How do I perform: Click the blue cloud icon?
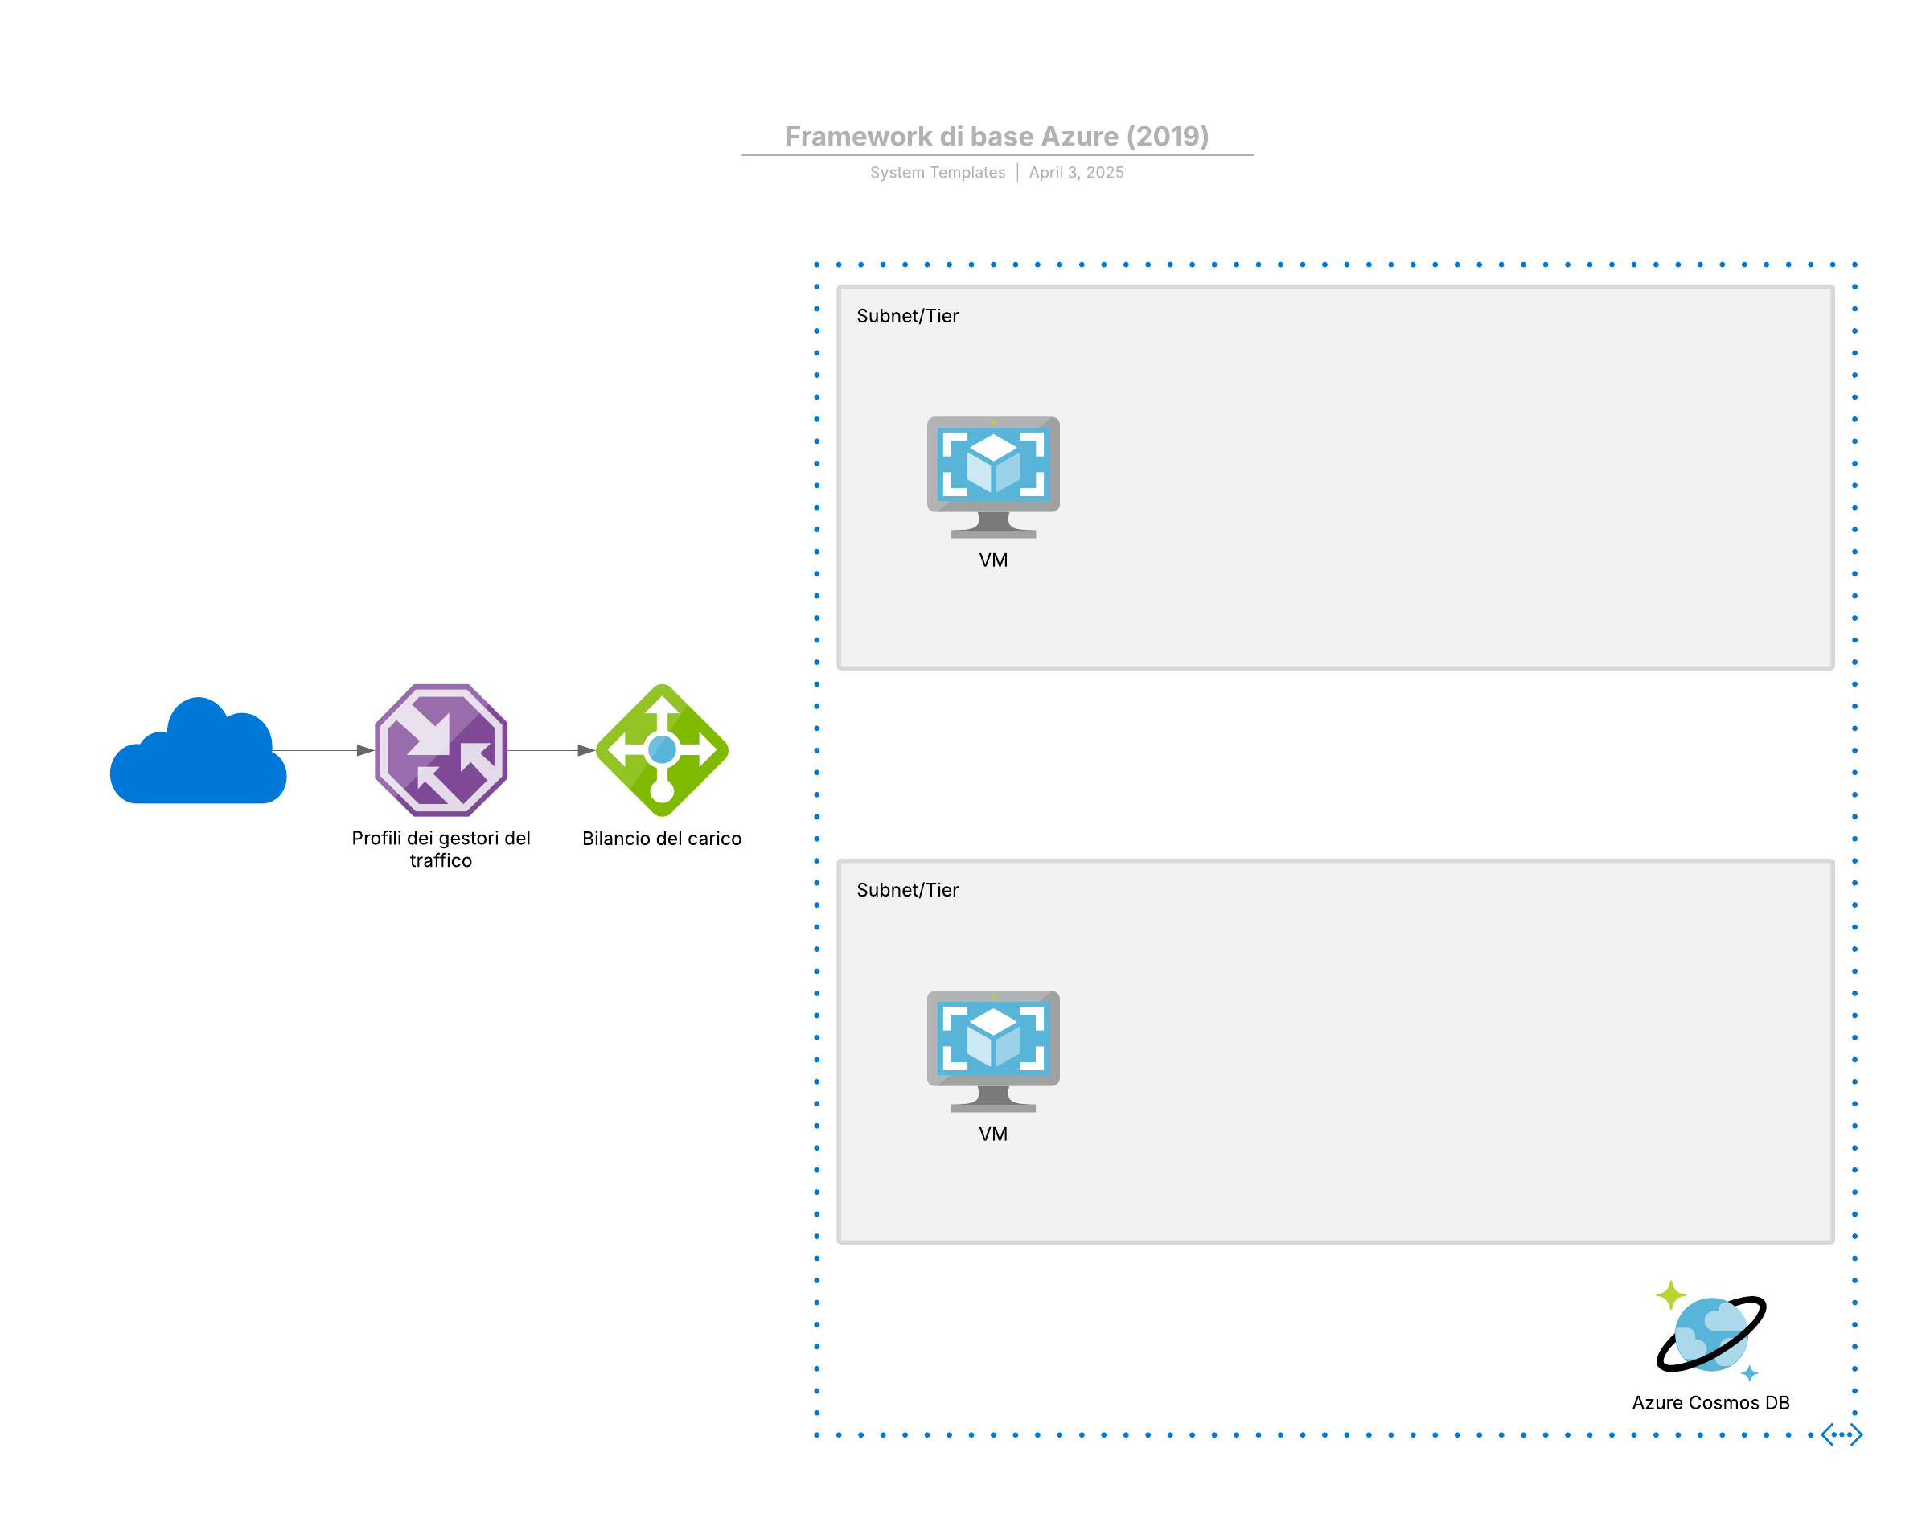[198, 755]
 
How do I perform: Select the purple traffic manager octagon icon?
[441, 750]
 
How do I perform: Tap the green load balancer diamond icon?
[661, 750]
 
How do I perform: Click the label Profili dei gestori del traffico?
[441, 848]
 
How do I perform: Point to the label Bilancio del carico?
[661, 838]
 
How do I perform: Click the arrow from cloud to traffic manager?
[322, 750]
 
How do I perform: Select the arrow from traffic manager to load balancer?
[550, 750]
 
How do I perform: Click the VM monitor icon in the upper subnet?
[992, 476]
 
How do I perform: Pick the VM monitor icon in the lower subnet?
[992, 1049]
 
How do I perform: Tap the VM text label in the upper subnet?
[993, 560]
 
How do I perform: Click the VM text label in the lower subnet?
[993, 1134]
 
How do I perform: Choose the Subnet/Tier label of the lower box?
[907, 889]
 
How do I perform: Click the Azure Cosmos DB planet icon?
[1710, 1334]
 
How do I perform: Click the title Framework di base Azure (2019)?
[996, 136]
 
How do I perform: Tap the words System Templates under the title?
[937, 172]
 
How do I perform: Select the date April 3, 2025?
[1075, 172]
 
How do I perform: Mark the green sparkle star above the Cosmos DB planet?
[1669, 1294]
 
